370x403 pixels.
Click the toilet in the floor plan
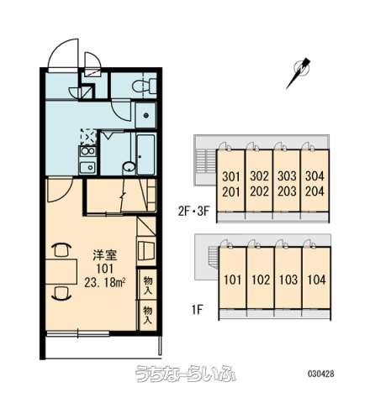point(144,86)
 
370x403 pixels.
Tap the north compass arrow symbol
point(299,72)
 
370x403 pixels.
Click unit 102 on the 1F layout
point(261,280)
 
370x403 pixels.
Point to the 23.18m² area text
point(104,283)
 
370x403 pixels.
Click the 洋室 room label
point(104,255)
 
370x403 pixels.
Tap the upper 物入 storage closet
point(148,285)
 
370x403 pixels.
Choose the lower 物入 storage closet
point(148,315)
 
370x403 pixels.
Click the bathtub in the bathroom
point(145,154)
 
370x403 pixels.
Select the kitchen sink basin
point(87,167)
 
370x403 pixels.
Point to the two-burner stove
point(87,151)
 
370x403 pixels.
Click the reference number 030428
point(321,374)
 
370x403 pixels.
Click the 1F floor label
point(197,310)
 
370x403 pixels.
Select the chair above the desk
point(62,250)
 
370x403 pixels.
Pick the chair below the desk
point(62,293)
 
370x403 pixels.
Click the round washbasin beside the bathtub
point(129,167)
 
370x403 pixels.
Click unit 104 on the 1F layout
point(317,280)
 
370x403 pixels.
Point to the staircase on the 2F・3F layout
point(205,163)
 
